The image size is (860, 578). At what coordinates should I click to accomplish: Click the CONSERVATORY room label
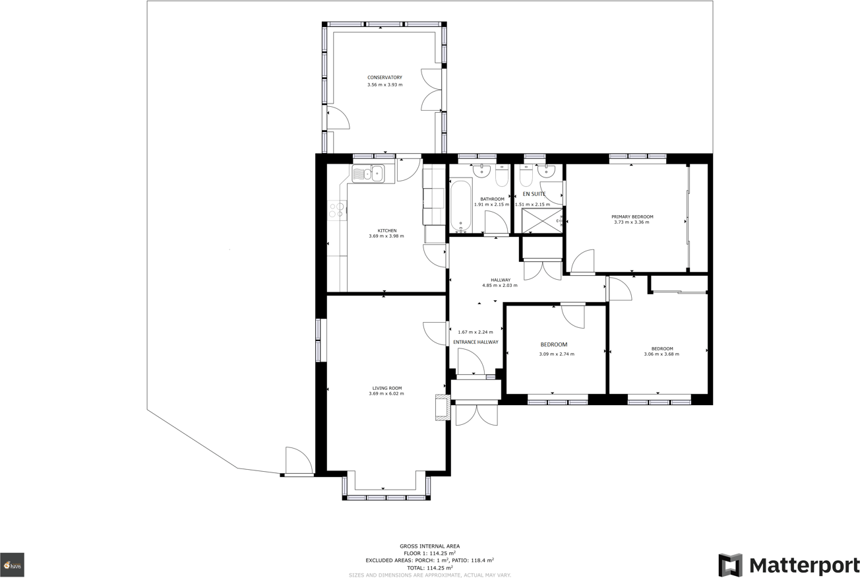pos(384,78)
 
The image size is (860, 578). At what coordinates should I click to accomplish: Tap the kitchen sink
pos(368,174)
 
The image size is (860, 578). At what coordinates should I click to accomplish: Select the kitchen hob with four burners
pos(337,210)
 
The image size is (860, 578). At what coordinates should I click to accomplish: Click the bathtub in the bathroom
pos(460,206)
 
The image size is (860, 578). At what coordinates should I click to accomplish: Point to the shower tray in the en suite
pos(542,221)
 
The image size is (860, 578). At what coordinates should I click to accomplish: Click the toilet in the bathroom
pos(502,176)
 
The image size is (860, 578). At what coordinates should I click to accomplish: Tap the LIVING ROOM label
pos(386,388)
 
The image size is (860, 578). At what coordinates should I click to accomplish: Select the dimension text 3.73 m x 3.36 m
pos(631,222)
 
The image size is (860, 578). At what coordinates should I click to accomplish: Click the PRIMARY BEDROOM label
pos(632,216)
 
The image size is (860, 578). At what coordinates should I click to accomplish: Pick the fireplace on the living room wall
pos(443,408)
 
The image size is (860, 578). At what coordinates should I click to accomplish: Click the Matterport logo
pos(789,565)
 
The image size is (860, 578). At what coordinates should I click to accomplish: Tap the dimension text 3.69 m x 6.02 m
pos(386,394)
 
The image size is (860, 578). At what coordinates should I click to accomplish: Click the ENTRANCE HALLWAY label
pos(476,342)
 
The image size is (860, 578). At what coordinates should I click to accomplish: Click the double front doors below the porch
pos(476,414)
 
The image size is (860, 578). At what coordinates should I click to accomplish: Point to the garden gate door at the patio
pos(299,461)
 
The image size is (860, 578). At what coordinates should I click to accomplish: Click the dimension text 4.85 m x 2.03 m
pos(500,286)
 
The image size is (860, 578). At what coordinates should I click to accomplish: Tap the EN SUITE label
pos(534,195)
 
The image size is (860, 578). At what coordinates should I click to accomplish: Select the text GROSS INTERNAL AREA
pos(429,546)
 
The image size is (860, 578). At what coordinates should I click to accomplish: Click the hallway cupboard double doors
pos(542,270)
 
